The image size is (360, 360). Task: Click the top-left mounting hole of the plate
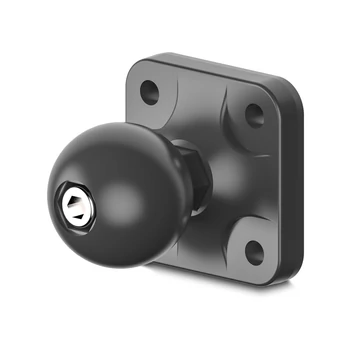tap(149, 92)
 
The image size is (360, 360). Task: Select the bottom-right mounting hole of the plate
tap(251, 248)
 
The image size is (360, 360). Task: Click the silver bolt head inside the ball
tap(75, 203)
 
